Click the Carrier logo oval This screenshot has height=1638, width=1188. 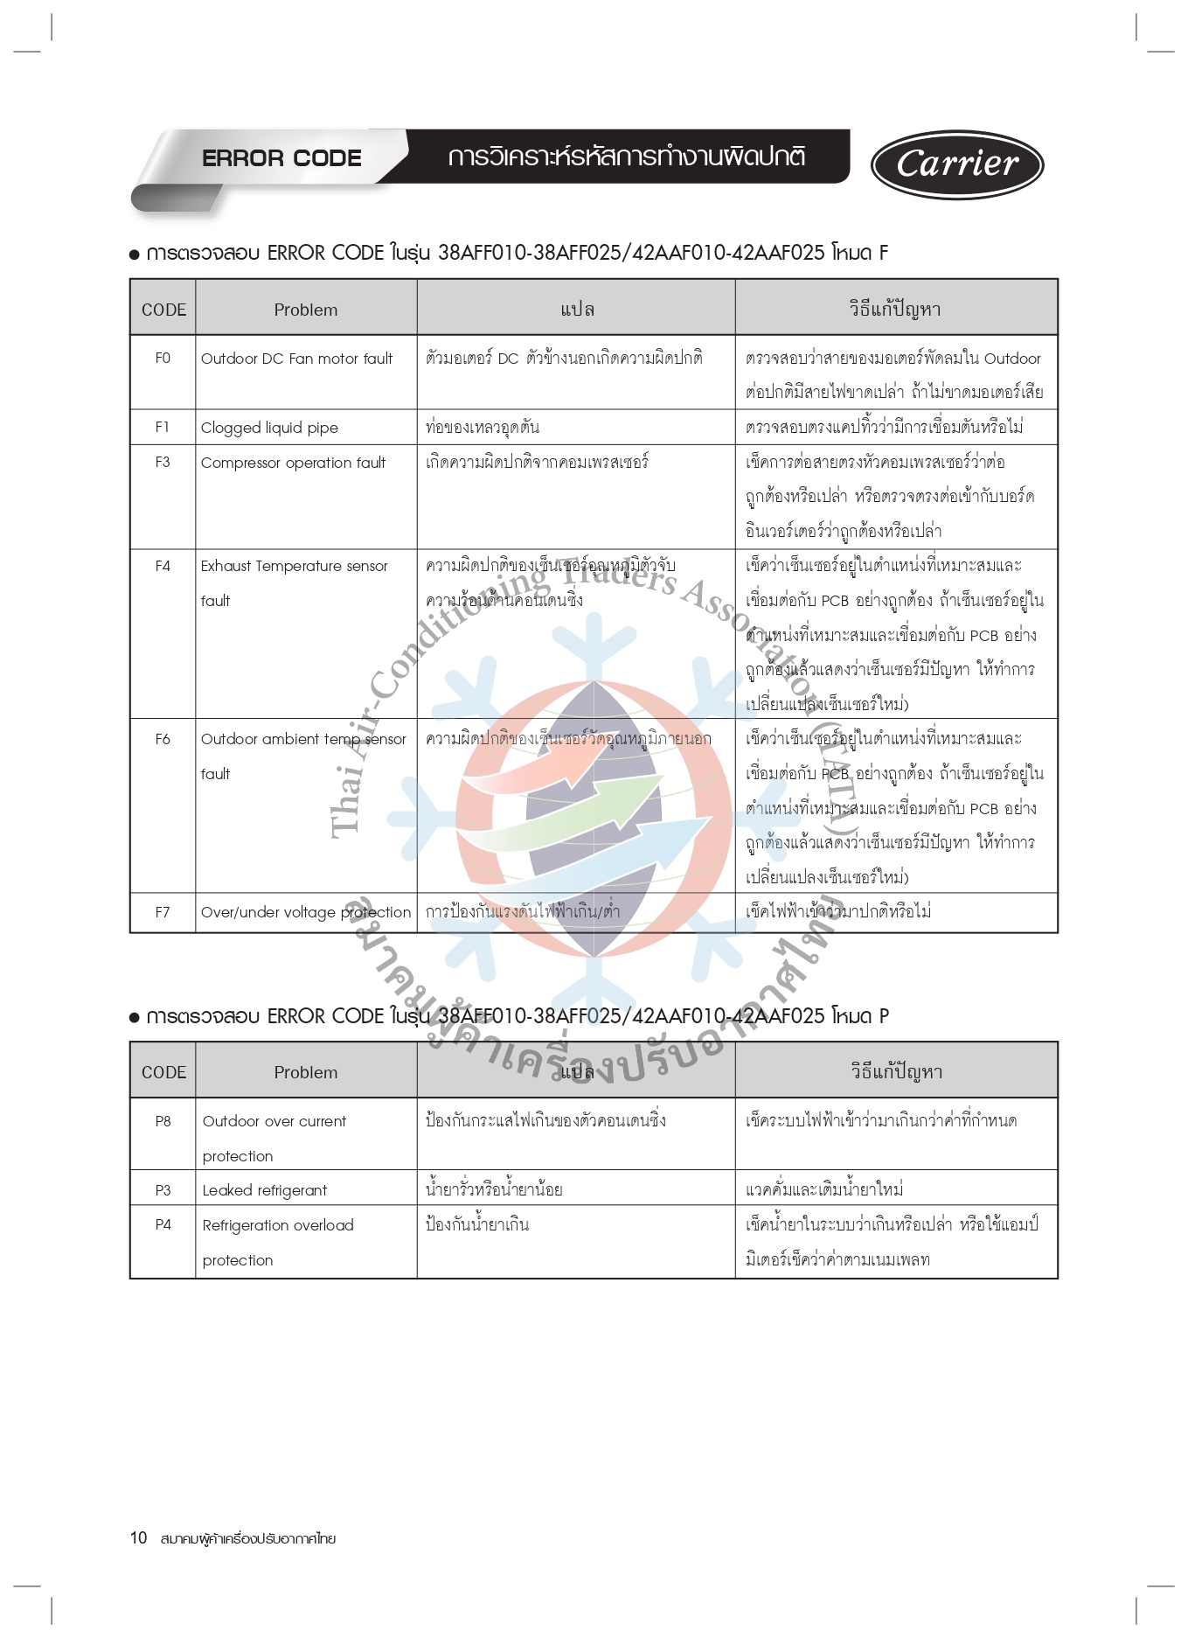coord(957,164)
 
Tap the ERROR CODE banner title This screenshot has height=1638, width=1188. coord(281,158)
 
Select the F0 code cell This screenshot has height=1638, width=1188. coord(163,358)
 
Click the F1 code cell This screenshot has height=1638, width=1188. coord(163,427)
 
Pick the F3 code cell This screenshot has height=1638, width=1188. coord(163,462)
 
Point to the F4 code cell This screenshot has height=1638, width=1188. coord(163,566)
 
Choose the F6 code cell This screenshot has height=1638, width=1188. coord(163,739)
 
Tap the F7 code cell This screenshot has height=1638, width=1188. coord(163,912)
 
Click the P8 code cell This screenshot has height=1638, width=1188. coord(163,1121)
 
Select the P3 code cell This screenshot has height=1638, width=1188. coord(163,1190)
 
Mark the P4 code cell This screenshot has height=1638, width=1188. coord(163,1224)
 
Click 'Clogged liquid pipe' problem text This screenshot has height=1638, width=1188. coord(269,428)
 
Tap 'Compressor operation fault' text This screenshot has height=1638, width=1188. coord(293,463)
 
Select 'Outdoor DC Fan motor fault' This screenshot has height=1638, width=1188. coord(296,359)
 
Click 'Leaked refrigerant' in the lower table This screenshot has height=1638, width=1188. coord(264,1190)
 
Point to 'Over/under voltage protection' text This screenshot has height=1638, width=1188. coord(305,912)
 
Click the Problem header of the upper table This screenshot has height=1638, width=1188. coord(305,310)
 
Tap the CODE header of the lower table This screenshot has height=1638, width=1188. coord(163,1072)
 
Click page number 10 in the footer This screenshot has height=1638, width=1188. coord(138,1537)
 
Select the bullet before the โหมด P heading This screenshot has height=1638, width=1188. coord(135,1017)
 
